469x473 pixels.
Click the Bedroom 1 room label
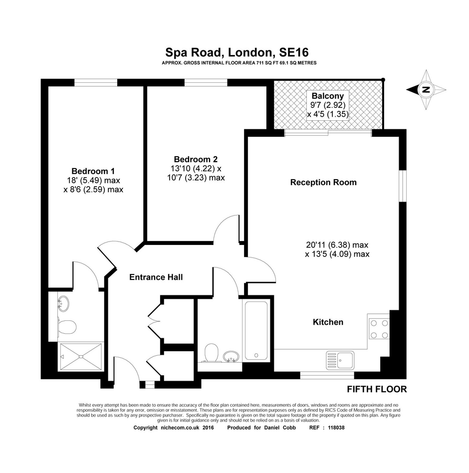(x=93, y=171)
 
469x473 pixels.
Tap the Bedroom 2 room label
(x=196, y=159)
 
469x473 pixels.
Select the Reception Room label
(x=323, y=182)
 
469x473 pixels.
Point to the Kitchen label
(x=328, y=322)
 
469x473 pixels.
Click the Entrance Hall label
(x=156, y=277)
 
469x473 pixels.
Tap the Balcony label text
(x=328, y=96)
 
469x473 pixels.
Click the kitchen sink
(x=340, y=360)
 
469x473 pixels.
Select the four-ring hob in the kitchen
(x=379, y=329)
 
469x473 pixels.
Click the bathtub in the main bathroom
(x=256, y=331)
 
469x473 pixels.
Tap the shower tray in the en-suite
(x=81, y=356)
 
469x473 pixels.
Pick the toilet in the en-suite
(x=67, y=327)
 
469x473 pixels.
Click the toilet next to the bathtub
(x=212, y=353)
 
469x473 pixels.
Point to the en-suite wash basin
(x=63, y=303)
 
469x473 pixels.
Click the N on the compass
(x=426, y=90)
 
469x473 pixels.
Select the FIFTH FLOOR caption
(x=377, y=389)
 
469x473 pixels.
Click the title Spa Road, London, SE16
(x=237, y=52)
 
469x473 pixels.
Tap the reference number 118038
(x=336, y=428)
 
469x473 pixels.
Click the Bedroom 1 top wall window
(x=96, y=83)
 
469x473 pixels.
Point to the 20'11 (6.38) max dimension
(x=337, y=245)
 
